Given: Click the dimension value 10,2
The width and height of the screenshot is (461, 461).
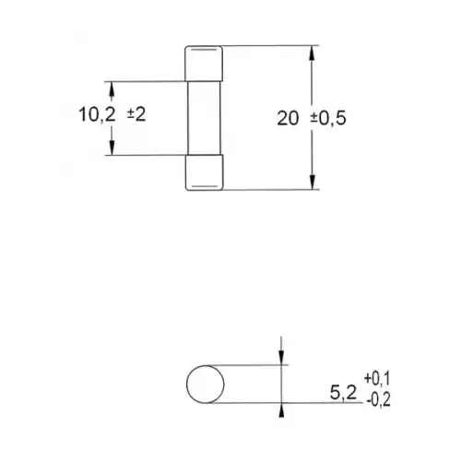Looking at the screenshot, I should coord(95,117).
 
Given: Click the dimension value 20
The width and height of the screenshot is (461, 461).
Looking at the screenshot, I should coord(288,117).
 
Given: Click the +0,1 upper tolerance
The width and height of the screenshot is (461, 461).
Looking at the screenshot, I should coord(379,378).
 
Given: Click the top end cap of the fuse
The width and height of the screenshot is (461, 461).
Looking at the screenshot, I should coord(205,63).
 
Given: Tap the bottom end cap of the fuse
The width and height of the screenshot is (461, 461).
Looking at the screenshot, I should coord(205,172).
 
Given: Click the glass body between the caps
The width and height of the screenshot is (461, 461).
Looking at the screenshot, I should coord(205,117).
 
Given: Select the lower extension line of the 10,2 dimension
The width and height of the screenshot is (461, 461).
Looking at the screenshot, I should coord(148,155).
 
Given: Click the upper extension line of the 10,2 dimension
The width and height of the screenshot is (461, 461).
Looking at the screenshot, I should coord(148,80).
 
